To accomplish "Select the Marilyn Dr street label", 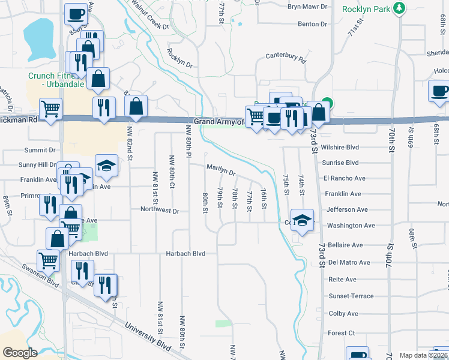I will tap(221, 170).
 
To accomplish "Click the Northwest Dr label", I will tap(160, 211).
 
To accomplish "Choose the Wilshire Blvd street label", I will tap(340, 146).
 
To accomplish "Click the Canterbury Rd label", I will tap(286, 60).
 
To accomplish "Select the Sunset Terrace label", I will tap(351, 296).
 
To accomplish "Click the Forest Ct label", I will tap(342, 333).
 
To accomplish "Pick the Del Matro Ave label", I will tap(345, 262).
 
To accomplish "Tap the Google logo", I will tap(20, 352).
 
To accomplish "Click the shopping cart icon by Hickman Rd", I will tap(50, 109).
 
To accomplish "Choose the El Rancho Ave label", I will tap(344, 178).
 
